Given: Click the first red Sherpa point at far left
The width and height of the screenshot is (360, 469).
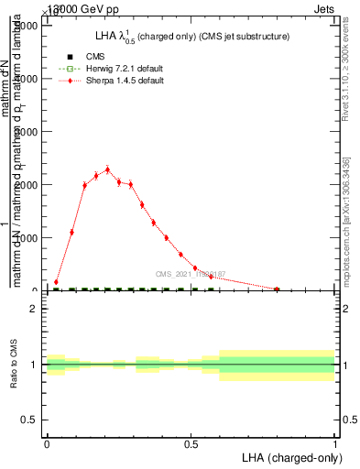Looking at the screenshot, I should (x=57, y=282).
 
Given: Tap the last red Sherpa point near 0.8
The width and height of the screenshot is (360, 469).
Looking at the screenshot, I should (x=277, y=289).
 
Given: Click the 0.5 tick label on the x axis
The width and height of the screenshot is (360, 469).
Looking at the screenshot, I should (x=191, y=443).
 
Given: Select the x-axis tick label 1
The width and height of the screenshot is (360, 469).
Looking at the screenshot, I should (x=335, y=443).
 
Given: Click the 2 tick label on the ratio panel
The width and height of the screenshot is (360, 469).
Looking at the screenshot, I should (x=34, y=309).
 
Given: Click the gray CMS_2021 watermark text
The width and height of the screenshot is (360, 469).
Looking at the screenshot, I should (x=191, y=274).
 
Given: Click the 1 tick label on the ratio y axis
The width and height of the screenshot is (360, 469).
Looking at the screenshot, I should (x=34, y=365).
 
